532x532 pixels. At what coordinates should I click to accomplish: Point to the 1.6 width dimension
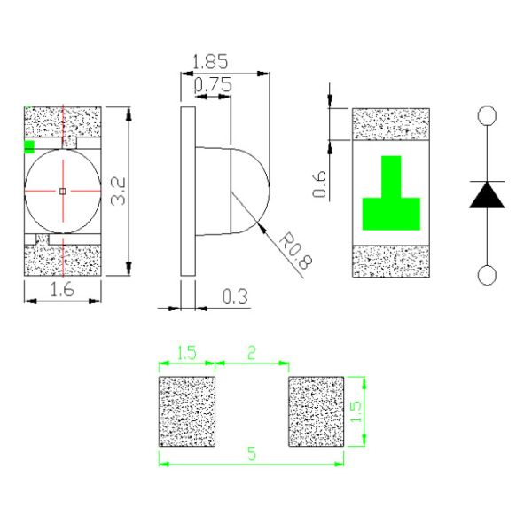61,289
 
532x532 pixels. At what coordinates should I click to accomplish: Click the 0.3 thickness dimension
234,297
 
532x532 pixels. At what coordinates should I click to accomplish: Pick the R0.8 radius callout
292,248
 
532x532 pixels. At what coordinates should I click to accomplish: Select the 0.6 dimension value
321,184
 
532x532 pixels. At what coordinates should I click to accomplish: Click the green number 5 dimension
251,453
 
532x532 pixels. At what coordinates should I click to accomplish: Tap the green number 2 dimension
251,352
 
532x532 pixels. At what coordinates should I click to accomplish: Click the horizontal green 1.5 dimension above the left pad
186,352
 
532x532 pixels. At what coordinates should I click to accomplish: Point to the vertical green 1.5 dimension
356,411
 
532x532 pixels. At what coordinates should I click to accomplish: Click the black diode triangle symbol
487,195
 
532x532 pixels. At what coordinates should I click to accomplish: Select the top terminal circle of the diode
487,115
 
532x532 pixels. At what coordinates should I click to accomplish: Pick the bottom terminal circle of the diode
487,275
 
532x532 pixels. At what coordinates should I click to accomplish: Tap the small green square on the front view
29,146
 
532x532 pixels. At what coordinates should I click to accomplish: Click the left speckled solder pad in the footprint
187,411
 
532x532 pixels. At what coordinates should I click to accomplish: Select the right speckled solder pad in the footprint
316,411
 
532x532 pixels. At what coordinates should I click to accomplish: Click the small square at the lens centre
62,191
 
